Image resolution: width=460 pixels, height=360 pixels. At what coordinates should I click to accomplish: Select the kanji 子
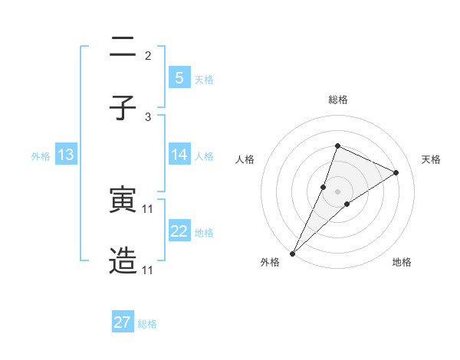point(123,106)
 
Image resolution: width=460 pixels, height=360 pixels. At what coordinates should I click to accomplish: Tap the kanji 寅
point(123,200)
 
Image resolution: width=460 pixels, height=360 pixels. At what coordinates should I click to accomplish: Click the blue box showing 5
point(179,77)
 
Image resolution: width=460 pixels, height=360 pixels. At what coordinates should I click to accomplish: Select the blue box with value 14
point(179,155)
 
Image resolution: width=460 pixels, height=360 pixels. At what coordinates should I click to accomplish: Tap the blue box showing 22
point(179,231)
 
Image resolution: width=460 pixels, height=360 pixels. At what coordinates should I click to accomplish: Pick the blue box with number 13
point(66,155)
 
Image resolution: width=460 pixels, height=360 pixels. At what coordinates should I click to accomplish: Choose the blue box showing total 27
point(123,322)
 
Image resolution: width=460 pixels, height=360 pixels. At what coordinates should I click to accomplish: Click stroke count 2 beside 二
point(148,56)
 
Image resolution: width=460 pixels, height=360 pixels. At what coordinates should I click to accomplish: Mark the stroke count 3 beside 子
point(148,116)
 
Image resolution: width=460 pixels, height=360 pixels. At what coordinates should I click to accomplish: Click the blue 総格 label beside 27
point(147,324)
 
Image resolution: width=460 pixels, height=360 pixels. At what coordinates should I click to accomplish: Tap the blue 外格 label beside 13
point(41,156)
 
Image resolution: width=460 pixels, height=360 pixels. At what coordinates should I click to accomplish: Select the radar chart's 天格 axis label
point(432,159)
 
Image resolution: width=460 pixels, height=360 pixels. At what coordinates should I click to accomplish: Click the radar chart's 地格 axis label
point(402,263)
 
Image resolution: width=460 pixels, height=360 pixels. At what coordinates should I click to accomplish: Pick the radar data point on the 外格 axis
point(292,253)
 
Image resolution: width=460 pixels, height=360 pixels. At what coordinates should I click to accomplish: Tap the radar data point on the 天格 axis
point(396,172)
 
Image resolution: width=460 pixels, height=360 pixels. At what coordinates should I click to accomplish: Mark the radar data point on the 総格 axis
point(337,146)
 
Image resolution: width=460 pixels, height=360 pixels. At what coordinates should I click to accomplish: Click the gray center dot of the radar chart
point(337,191)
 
